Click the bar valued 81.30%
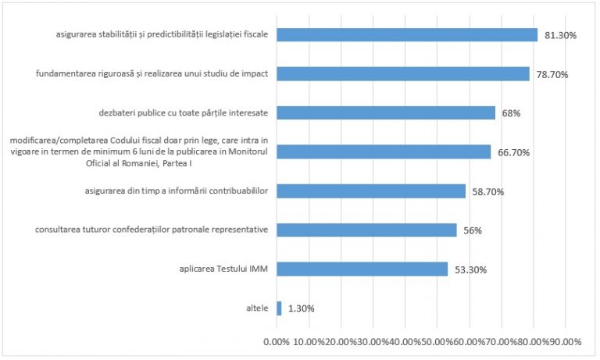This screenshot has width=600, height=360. [406, 35]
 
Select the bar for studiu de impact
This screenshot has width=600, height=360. [402, 74]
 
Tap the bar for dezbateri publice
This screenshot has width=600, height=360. [385, 112]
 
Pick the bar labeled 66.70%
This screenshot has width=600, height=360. [383, 151]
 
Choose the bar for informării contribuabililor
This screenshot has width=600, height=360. [370, 191]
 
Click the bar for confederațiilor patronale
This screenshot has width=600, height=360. [366, 230]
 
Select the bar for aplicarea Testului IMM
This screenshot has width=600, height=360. [362, 269]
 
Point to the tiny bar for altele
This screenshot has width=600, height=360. [279, 308]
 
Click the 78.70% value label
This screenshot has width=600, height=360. [552, 75]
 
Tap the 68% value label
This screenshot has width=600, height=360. [512, 113]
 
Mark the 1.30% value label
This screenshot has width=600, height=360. [301, 308]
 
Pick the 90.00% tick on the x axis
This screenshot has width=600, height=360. [566, 342]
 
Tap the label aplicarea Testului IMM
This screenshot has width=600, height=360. [223, 269]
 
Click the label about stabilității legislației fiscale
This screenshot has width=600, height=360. [162, 35]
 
